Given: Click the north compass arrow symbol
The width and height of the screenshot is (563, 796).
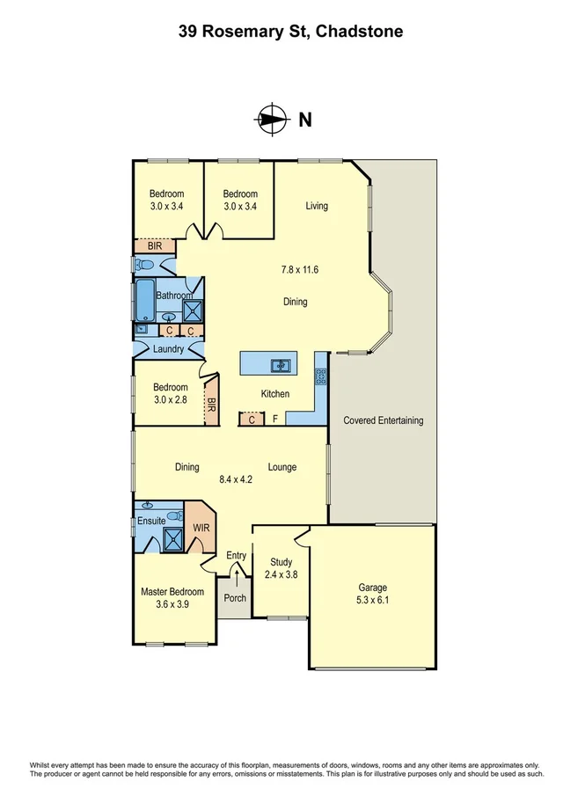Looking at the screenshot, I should [272, 120].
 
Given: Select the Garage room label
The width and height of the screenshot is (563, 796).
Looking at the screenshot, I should [372, 588].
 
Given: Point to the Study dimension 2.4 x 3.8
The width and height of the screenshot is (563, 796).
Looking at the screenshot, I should [281, 575].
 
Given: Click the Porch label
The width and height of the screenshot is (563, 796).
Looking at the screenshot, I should [234, 598].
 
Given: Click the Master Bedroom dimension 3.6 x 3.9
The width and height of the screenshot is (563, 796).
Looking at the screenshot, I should [172, 604].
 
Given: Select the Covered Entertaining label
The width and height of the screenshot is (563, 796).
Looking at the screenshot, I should [383, 420].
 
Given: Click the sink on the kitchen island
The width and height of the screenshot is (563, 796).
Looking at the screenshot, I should [279, 364].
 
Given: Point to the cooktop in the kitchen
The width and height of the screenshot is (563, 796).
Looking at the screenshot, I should [321, 377].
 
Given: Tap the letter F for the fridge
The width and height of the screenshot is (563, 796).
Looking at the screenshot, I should [275, 420].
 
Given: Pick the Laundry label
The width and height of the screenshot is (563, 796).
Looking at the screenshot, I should [168, 349].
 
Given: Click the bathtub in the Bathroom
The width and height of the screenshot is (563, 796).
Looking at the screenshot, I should [143, 301].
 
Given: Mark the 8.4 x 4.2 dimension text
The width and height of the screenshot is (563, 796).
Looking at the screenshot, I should [236, 480].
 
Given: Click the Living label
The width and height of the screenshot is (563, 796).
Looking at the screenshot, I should [317, 206].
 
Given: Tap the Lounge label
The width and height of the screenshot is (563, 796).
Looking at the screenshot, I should [282, 467].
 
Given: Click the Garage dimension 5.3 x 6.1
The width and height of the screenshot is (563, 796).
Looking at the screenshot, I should [372, 602].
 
